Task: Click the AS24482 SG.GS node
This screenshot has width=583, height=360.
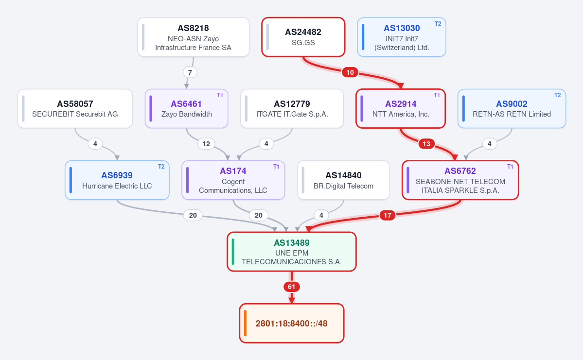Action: pyautogui.click(x=303, y=37)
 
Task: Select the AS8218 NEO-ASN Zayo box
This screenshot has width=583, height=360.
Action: pyautogui.click(x=194, y=37)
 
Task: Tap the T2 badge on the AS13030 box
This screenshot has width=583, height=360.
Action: pyautogui.click(x=438, y=24)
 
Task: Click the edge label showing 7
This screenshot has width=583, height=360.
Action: pyautogui.click(x=190, y=72)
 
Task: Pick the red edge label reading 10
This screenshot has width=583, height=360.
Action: pyautogui.click(x=350, y=72)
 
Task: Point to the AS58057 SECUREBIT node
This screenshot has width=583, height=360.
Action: pyautogui.click(x=75, y=108)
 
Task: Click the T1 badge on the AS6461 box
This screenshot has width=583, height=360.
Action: pyautogui.click(x=220, y=95)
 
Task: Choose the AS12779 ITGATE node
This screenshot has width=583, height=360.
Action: pyautogui.click(x=292, y=108)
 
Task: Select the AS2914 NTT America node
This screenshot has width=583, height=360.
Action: pyautogui.click(x=401, y=108)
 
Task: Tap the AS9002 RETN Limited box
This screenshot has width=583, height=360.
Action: pyautogui.click(x=512, y=108)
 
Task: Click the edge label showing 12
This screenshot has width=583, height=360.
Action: pyautogui.click(x=206, y=144)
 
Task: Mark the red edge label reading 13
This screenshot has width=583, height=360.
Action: pyautogui.click(x=426, y=144)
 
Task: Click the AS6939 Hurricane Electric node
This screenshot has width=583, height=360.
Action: pyautogui.click(x=117, y=180)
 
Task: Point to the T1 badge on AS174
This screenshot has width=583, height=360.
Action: pyautogui.click(x=276, y=167)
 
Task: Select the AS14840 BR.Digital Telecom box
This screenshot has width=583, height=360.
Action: pyautogui.click(x=344, y=180)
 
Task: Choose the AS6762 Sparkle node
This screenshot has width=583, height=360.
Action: pyautogui.click(x=460, y=180)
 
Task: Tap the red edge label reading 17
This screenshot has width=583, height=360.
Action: pyautogui.click(x=388, y=215)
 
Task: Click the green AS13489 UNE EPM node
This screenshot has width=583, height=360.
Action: pyautogui.click(x=292, y=252)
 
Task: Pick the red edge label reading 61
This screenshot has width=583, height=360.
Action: pyautogui.click(x=292, y=287)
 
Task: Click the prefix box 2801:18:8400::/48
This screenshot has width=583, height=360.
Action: pyautogui.click(x=292, y=323)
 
